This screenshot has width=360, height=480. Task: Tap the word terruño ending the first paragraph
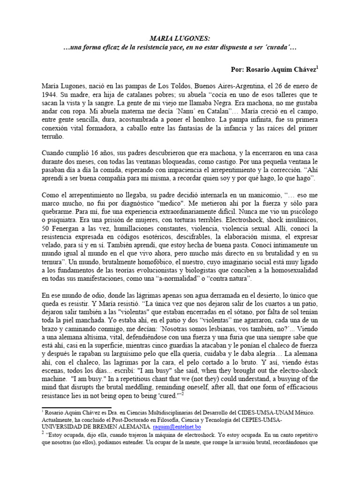tap(55, 137)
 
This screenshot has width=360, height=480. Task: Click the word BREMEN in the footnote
tap(110, 427)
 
